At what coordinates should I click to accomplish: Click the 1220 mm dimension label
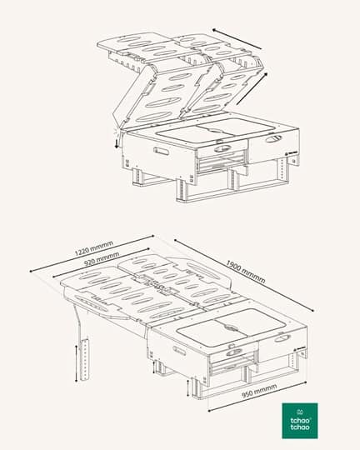click(x=94, y=248)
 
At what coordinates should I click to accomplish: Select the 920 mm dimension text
click(x=102, y=258)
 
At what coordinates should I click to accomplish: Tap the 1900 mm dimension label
click(x=246, y=271)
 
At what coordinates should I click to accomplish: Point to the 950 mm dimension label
click(x=259, y=391)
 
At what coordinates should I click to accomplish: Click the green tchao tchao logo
click(x=300, y=421)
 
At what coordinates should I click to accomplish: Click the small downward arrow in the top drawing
click(x=117, y=143)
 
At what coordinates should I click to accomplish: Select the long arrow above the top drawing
click(x=237, y=38)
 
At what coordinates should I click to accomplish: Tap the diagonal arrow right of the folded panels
click(x=252, y=88)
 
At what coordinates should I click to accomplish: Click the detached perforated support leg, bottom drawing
click(x=85, y=360)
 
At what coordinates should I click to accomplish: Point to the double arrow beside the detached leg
click(x=76, y=363)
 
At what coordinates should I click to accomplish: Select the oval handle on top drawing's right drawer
click(x=274, y=138)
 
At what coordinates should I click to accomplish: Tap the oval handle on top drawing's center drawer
click(x=222, y=148)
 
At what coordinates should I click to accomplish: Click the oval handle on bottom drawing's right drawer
click(x=282, y=338)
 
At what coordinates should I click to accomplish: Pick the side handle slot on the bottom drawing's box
click(x=179, y=351)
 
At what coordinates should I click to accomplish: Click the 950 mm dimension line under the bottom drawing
click(x=257, y=397)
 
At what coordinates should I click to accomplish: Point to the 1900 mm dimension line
click(x=243, y=275)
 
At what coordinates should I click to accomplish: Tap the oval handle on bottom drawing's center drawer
click(x=234, y=352)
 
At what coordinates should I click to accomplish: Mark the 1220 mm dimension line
click(x=92, y=253)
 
